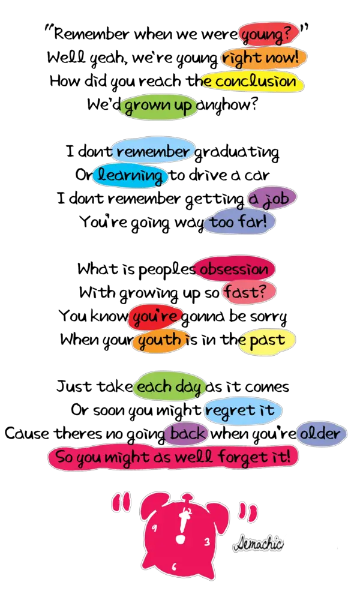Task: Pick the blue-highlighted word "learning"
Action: (x=130, y=175)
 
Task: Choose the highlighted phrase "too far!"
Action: (x=239, y=221)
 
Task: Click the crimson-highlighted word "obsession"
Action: (x=233, y=269)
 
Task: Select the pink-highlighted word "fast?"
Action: (x=249, y=292)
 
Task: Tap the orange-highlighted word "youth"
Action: (x=160, y=340)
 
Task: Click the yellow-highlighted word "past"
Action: (x=267, y=340)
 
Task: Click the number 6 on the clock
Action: (x=174, y=566)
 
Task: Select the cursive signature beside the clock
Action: (x=258, y=544)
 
